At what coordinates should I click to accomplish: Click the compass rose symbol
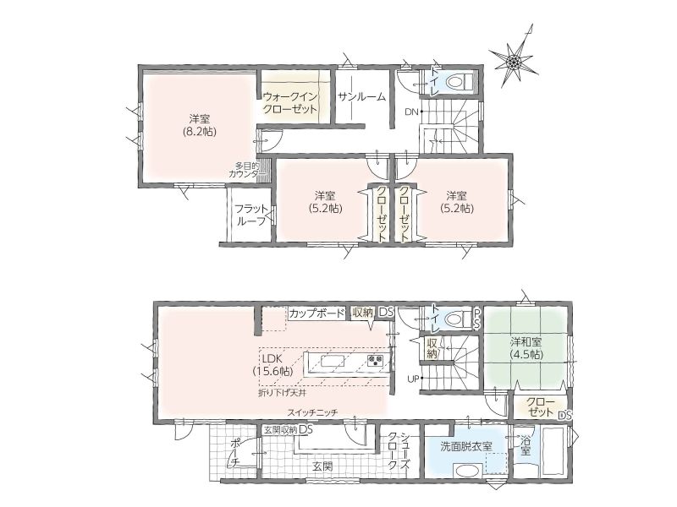tap(514, 62)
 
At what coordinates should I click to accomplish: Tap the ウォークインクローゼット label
tap(290, 102)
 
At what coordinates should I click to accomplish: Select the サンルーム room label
tap(361, 97)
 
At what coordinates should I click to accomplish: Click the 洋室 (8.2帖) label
tap(199, 125)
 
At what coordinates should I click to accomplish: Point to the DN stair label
tap(411, 112)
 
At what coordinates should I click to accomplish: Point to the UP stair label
tap(413, 379)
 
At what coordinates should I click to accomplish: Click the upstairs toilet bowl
tap(457, 81)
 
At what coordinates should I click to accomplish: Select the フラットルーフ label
tap(250, 215)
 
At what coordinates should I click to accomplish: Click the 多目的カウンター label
tap(246, 170)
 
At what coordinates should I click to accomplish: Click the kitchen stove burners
tap(375, 360)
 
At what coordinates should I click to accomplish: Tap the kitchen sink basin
tap(333, 361)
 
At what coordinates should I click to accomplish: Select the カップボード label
tap(316, 313)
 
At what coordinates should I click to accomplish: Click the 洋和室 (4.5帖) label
tap(526, 348)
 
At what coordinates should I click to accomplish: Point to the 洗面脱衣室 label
tap(466, 447)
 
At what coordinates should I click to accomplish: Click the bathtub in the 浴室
tap(553, 450)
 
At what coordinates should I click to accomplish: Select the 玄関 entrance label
tap(322, 466)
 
